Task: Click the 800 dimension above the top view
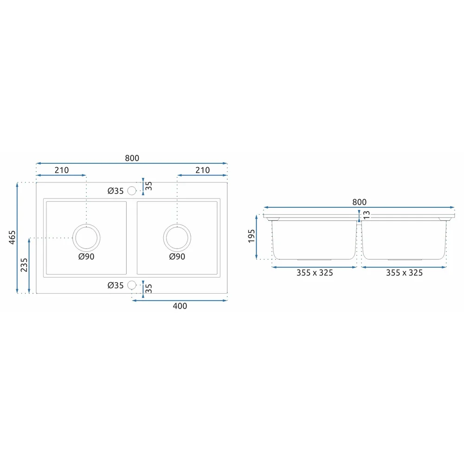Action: point(132,158)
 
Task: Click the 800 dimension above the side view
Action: point(359,202)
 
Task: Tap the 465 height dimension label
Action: point(12,237)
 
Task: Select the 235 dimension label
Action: point(24,265)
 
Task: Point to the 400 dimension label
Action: point(180,306)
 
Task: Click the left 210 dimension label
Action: point(62,170)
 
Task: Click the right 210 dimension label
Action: point(202,170)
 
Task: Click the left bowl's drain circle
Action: point(86,224)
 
